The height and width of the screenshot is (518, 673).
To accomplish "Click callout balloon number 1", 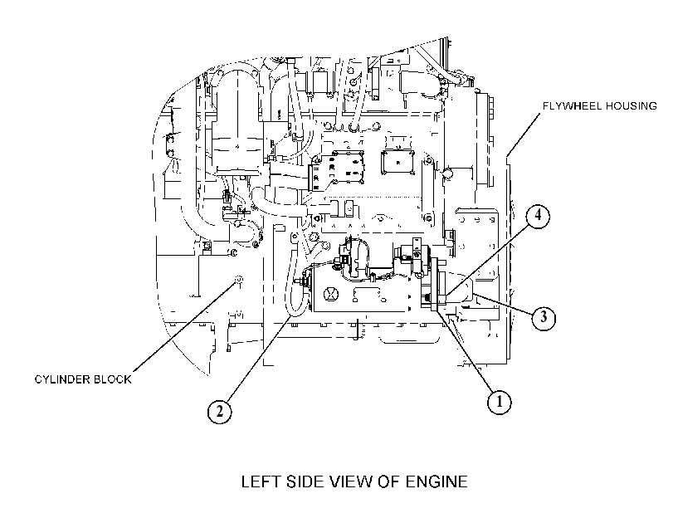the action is point(500,402).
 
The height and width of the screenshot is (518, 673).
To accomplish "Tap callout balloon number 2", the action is point(219,412).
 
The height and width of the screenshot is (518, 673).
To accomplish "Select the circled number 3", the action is point(544,317).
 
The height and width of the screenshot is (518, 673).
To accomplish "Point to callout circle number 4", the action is point(538,216).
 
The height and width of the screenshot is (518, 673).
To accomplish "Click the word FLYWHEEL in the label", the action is point(570,106).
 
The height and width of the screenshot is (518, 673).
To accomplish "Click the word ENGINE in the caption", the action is point(436,481).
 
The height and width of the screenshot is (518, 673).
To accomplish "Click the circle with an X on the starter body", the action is point(331,294).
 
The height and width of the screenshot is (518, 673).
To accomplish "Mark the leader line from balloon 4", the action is point(487,258).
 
